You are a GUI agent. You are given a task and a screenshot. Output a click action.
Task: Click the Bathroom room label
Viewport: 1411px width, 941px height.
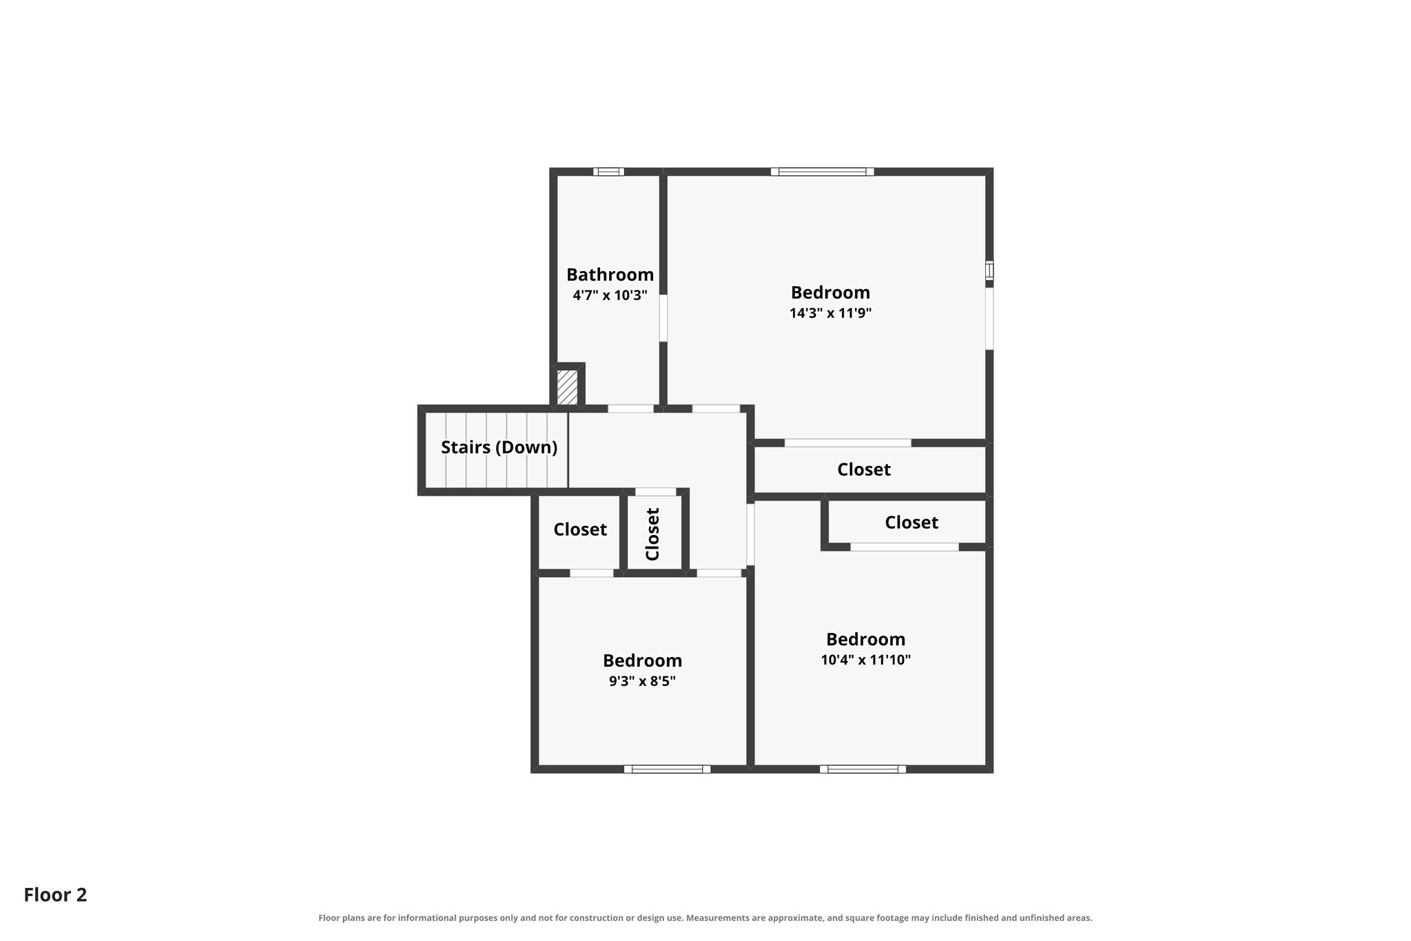coord(610,274)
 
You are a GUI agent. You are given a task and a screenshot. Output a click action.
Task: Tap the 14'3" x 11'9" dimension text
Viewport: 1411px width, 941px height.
coord(830,313)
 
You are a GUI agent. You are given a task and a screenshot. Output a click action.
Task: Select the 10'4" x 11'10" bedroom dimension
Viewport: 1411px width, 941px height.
coord(865,660)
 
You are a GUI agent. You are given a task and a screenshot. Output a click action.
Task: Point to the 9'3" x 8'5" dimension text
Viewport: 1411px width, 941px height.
coord(642,681)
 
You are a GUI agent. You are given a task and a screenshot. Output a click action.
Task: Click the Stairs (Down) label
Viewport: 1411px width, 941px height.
coord(499,447)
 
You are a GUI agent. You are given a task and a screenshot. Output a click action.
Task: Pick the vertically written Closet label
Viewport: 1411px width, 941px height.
coord(652,534)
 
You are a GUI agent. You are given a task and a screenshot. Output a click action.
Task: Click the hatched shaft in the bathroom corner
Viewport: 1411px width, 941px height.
coord(567,387)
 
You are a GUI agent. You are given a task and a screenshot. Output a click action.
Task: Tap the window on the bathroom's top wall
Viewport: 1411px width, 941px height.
coord(608,172)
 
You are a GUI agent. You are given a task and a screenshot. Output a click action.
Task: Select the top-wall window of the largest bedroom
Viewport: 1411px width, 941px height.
coord(822,172)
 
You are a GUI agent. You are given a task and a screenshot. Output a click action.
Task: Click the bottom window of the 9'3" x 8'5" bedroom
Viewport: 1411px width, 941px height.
coord(667,769)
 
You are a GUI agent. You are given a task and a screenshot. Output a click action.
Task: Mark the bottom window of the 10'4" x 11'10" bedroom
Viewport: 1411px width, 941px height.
coord(863,769)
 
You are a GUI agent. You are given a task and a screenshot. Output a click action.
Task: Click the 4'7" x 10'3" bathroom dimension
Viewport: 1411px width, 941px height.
coord(610,296)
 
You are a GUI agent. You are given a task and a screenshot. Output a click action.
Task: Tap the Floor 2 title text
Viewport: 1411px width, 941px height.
coord(55,895)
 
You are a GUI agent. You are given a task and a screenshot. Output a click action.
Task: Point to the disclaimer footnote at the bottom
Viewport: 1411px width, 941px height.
coord(705,918)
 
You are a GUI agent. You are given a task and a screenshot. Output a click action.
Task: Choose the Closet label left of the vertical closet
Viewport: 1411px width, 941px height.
coord(580,529)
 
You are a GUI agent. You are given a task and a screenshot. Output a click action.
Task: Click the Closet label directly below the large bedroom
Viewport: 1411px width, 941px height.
coord(864,469)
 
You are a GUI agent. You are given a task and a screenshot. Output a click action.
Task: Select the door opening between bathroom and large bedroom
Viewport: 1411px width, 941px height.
coord(663,318)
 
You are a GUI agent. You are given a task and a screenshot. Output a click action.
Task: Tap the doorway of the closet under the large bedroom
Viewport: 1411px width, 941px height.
coord(848,443)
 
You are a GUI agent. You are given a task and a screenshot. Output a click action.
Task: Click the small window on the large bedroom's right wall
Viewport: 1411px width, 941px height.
coord(989,270)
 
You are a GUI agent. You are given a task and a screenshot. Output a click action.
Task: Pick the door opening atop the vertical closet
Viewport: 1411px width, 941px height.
coord(655,492)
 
